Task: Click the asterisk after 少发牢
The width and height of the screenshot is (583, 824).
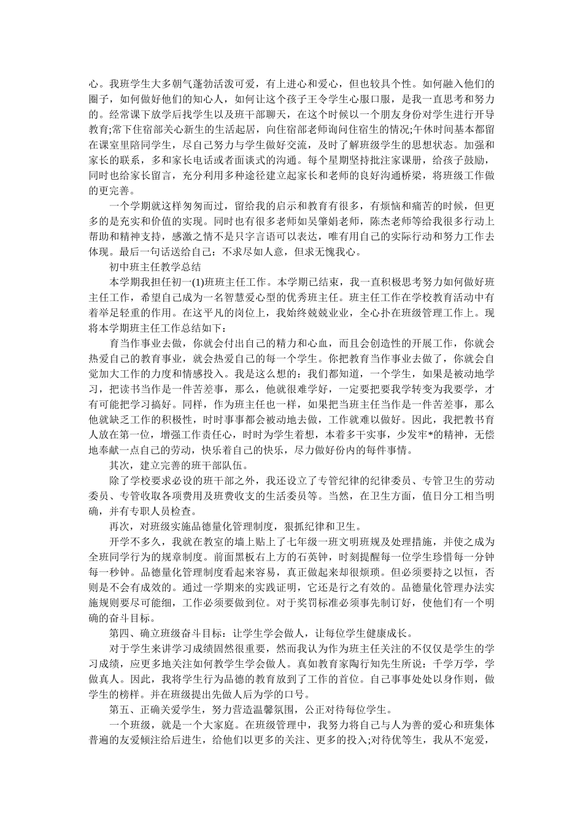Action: (x=407, y=433)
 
